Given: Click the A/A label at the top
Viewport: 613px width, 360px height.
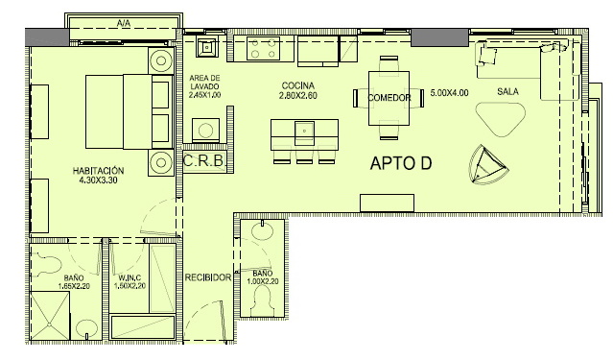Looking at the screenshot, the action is (123, 23).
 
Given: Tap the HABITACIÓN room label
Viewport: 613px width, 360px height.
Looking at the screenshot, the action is (98, 171).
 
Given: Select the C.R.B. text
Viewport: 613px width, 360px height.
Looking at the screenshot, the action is (203, 160).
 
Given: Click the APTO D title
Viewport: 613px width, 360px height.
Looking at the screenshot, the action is (401, 163).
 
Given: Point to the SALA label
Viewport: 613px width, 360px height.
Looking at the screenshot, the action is (507, 91).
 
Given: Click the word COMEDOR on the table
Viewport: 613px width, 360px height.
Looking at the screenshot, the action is (389, 97).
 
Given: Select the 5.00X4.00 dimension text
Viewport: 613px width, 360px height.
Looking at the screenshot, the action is (449, 93).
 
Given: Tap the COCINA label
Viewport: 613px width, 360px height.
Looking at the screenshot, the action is (298, 85).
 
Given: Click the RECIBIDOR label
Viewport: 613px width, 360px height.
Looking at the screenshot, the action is (208, 277).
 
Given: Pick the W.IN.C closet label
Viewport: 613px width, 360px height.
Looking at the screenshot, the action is (130, 277).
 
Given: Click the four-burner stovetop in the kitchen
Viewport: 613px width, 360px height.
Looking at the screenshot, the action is (263, 49).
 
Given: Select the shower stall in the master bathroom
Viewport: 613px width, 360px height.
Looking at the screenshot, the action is (50, 316).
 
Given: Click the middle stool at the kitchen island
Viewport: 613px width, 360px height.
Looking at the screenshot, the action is (304, 155).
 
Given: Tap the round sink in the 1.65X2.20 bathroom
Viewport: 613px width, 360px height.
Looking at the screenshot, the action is (86, 329).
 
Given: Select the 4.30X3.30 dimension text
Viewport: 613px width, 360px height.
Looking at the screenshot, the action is (98, 180).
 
